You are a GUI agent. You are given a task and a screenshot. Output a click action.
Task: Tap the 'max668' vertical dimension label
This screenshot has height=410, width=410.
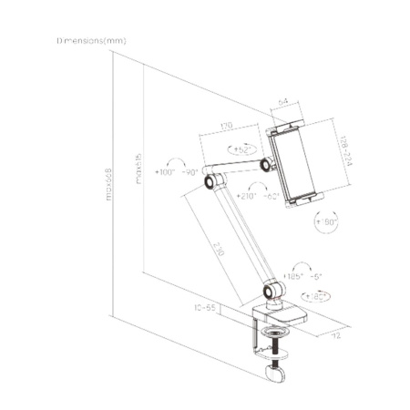pyautogui.click(x=108, y=188)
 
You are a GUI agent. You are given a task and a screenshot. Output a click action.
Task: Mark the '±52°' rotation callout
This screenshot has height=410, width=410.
pyautogui.click(x=242, y=149)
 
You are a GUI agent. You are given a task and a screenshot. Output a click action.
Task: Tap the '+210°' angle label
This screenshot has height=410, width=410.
pyautogui.click(x=246, y=196)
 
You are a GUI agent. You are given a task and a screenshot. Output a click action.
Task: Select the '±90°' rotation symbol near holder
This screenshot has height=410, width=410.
pyautogui.click(x=323, y=221)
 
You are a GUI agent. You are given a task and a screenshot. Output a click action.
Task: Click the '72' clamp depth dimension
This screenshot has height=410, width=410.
pyautogui.click(x=334, y=335)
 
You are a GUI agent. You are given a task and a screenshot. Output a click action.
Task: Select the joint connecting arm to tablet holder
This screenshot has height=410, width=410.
pyautogui.click(x=271, y=165)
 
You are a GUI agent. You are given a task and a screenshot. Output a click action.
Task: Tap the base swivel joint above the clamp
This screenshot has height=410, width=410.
pyautogui.click(x=272, y=292)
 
